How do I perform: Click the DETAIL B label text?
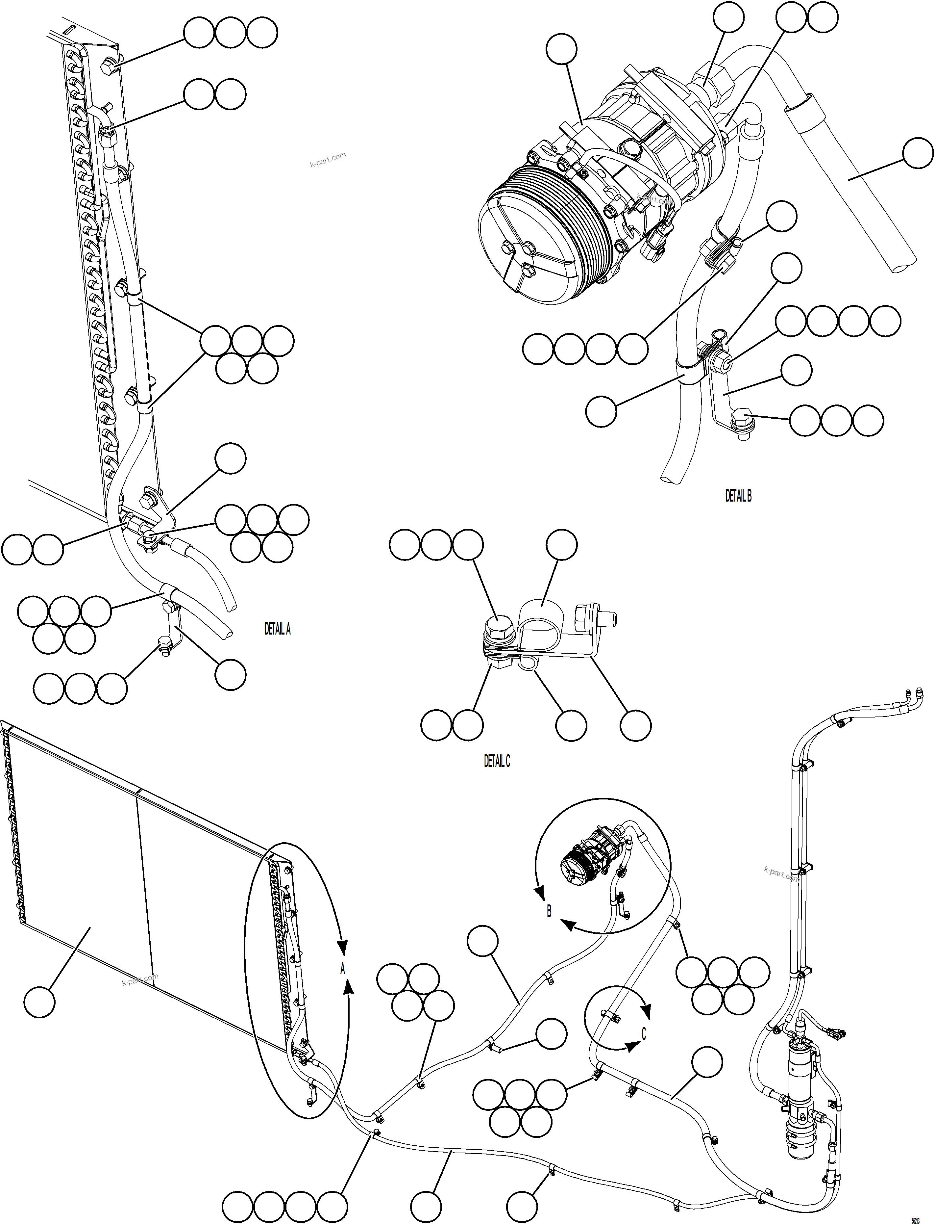(x=738, y=496)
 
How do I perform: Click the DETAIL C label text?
(x=496, y=761)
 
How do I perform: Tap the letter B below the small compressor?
(x=549, y=912)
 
